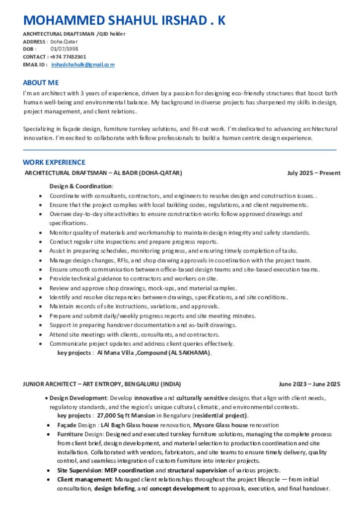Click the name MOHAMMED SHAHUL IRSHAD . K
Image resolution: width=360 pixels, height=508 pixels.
pos(124,20)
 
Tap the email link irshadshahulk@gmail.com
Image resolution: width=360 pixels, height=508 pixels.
pos(83,64)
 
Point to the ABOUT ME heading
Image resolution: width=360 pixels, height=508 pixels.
pos(41,82)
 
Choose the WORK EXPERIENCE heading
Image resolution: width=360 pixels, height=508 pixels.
pos(54,162)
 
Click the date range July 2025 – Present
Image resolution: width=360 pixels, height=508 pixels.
pos(314,173)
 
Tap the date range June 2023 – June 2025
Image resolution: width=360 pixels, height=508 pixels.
pos(309,384)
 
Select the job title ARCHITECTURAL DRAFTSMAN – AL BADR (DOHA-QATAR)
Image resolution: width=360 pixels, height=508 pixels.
pos(103,173)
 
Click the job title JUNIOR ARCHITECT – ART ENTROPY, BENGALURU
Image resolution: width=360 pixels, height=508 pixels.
pos(102,384)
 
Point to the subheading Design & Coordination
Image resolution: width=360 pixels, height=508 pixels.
pos(81,186)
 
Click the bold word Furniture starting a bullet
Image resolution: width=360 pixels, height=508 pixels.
pos(70,434)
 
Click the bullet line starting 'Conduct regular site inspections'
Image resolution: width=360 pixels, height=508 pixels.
pos(134,242)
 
